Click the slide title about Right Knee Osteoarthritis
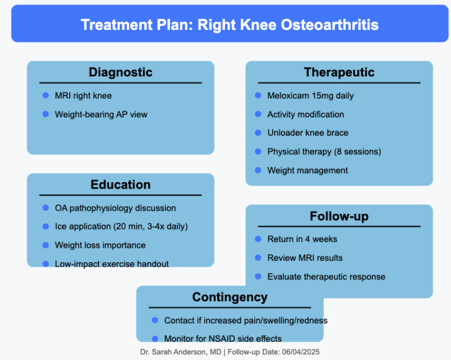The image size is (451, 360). (230, 25)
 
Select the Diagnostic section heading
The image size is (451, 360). (120, 73)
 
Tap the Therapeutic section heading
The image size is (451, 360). (339, 73)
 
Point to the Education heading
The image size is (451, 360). (120, 185)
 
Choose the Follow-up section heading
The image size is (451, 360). (339, 217)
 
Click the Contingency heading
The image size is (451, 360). (230, 298)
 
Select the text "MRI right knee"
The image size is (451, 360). (83, 96)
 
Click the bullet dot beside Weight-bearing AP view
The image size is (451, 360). (46, 114)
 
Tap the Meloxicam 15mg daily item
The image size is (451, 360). (310, 96)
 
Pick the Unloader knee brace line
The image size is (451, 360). (308, 133)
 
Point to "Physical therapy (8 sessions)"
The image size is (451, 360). (324, 152)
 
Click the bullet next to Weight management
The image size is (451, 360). (258, 170)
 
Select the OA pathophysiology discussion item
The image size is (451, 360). (115, 208)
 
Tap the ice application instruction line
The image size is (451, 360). (121, 227)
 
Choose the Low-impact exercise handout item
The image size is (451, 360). (112, 264)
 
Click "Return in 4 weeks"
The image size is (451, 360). (302, 239)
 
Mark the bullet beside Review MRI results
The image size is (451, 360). (258, 258)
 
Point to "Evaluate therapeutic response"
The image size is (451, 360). (326, 277)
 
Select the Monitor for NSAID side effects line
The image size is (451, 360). (223, 338)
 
